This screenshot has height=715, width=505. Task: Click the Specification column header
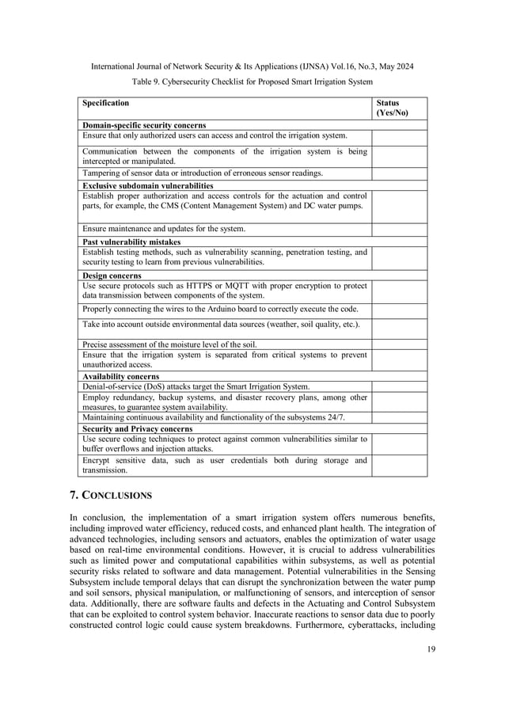pos(106,103)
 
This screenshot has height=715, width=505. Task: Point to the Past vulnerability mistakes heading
pos(131,242)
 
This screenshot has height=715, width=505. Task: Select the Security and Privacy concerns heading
pos(138,428)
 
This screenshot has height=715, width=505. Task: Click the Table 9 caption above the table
pos(252,82)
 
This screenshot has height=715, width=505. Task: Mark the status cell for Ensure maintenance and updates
pos(399,229)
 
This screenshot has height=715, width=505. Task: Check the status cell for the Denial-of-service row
pos(399,386)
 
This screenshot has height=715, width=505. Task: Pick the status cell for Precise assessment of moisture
pos(399,343)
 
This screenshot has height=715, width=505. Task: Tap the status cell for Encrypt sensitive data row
pos(399,465)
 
